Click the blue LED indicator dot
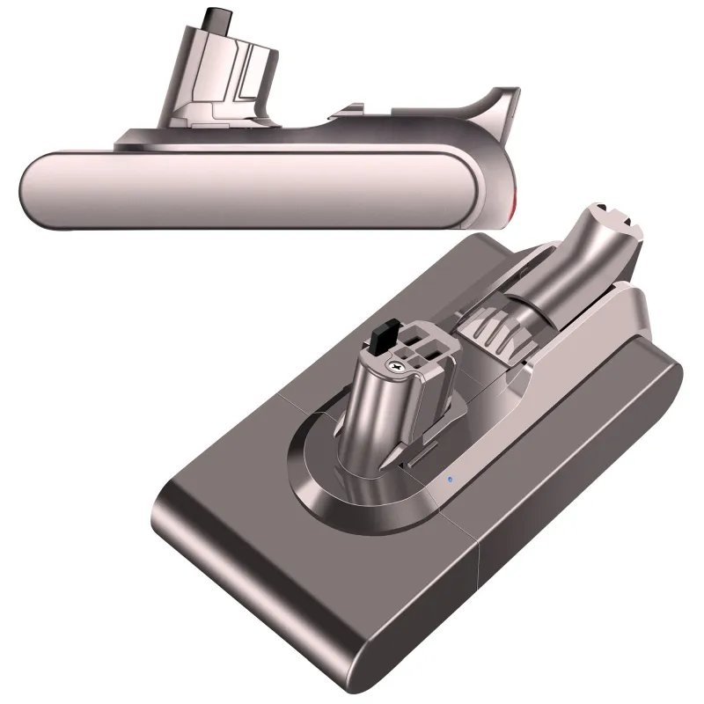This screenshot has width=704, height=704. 449,480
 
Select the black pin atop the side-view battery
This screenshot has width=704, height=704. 212,18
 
